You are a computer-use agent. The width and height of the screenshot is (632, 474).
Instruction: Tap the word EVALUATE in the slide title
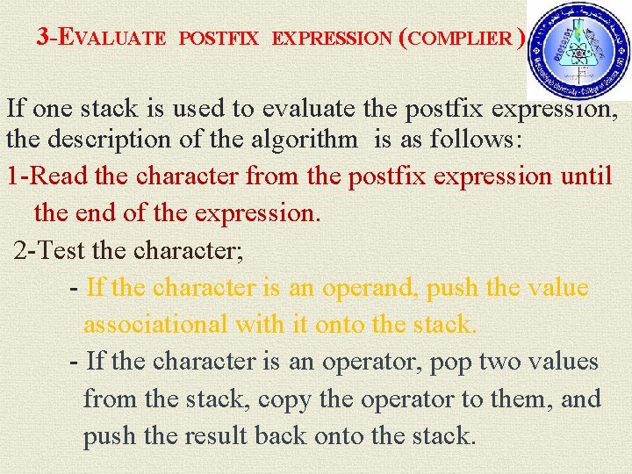(x=112, y=38)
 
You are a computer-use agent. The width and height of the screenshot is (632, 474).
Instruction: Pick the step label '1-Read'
(x=47, y=176)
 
